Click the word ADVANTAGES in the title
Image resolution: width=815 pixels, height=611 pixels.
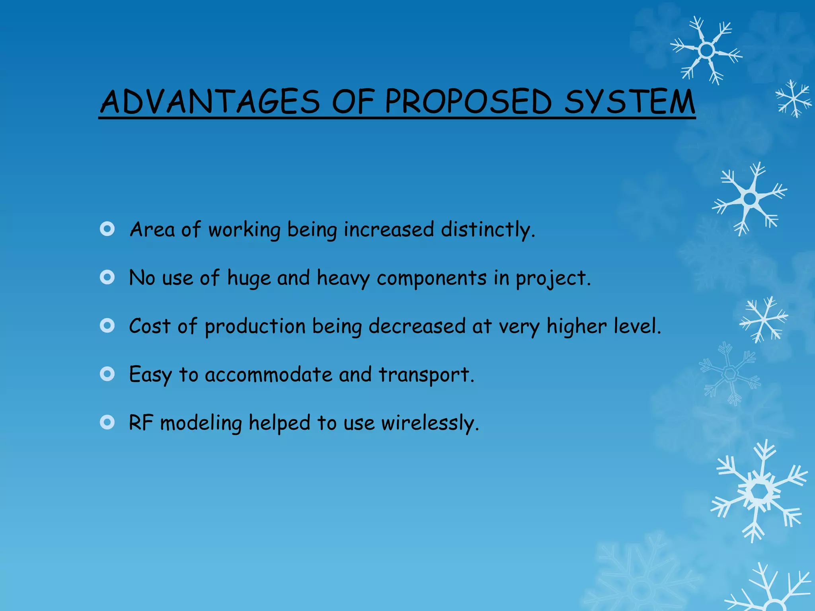tap(210, 102)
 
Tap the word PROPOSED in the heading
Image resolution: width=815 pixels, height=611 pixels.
tap(468, 102)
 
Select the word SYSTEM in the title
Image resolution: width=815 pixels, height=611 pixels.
tap(630, 102)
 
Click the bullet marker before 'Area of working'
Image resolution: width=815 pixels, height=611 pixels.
tap(107, 229)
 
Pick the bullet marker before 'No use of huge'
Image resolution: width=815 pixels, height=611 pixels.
tap(107, 277)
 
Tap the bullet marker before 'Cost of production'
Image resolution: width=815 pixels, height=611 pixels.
tap(107, 326)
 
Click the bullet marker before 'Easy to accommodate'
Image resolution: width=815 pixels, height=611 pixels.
tap(107, 374)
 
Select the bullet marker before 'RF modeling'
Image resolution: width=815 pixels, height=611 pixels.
tap(107, 422)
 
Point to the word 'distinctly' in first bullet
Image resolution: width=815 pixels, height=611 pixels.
tap(487, 230)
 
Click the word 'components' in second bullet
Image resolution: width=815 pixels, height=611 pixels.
tap(431, 278)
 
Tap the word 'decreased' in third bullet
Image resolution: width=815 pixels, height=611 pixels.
tap(417, 326)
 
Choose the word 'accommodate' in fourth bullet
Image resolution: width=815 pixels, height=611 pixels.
tap(268, 375)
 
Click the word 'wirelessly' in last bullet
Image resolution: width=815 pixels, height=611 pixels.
tap(429, 423)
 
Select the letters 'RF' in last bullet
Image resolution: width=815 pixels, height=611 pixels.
tap(141, 423)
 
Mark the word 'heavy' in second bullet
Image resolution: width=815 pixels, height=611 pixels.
tap(343, 278)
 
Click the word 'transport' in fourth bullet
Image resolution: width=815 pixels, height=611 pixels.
tap(426, 375)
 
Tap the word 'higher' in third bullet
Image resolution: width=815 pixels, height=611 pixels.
tap(576, 327)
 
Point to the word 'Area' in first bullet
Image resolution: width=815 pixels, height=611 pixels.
tap(152, 230)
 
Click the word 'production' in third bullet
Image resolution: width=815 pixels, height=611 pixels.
tap(255, 327)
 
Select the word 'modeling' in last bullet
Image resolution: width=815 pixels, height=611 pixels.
tap(201, 423)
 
